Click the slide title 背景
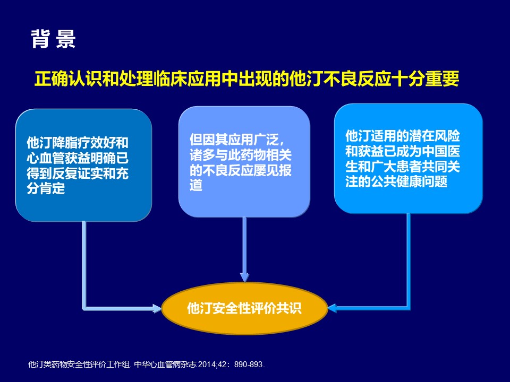(53, 39)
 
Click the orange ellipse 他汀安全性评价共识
(244, 308)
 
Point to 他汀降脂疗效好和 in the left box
(78, 143)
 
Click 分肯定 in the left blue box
(46, 188)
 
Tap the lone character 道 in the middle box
(196, 185)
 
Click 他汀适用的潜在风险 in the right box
(403, 136)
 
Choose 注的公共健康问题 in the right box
(396, 181)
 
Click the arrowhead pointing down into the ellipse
(244, 277)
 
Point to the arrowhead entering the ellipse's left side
(157, 308)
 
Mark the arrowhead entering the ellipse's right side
(332, 308)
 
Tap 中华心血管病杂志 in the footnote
(165, 364)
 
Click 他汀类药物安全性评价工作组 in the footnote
(79, 364)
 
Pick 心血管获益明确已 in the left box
(78, 158)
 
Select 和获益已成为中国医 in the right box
(403, 151)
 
